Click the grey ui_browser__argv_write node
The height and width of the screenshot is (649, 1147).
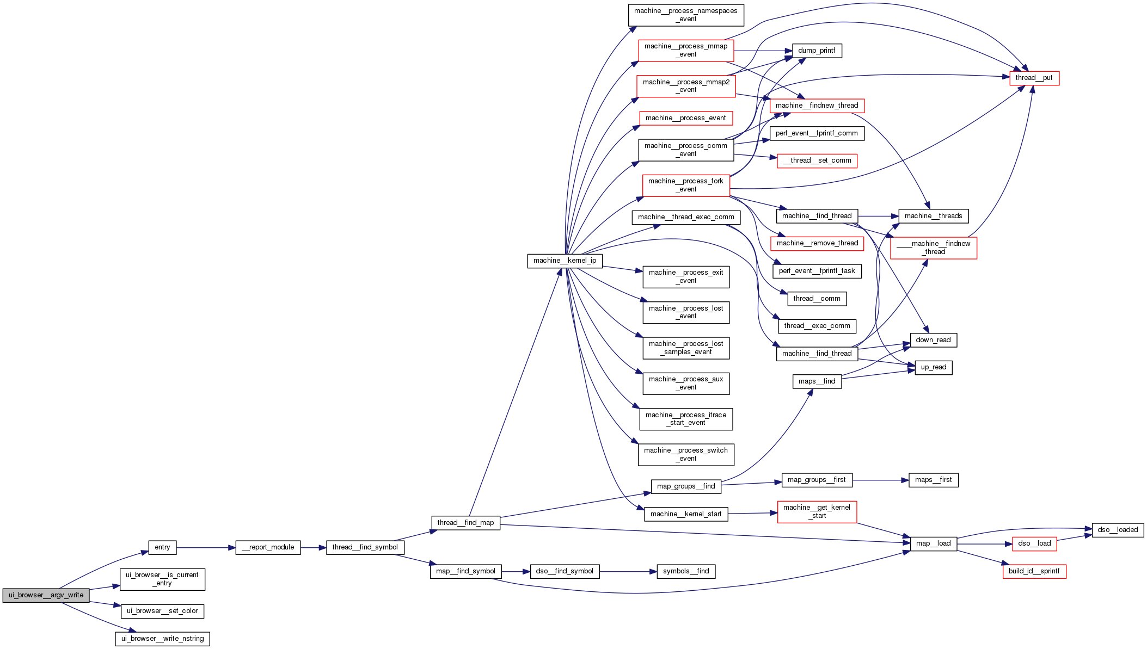[x=46, y=595]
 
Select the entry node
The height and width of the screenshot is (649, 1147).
[x=162, y=547]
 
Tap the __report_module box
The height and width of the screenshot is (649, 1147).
[x=268, y=547]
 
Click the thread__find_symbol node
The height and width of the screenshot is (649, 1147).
[x=365, y=547]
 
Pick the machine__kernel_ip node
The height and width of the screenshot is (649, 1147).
[x=565, y=261]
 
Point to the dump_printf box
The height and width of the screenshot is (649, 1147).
[x=817, y=51]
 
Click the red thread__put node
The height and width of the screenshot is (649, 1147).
[x=1034, y=78]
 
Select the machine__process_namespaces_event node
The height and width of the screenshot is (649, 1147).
[x=685, y=15]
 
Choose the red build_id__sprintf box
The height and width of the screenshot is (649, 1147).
[x=1034, y=571]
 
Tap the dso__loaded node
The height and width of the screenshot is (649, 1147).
[x=1118, y=530]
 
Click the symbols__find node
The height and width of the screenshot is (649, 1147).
[x=685, y=571]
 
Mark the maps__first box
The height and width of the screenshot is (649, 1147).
[x=933, y=480]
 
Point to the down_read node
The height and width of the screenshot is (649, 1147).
[x=933, y=340]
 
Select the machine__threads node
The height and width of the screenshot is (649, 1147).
[x=933, y=216]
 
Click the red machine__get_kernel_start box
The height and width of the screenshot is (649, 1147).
[x=817, y=511]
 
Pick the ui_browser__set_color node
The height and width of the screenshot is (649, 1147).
[x=162, y=611]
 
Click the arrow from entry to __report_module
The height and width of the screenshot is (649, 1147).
[x=206, y=548]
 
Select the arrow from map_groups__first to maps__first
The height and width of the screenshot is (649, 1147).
[x=880, y=480]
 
